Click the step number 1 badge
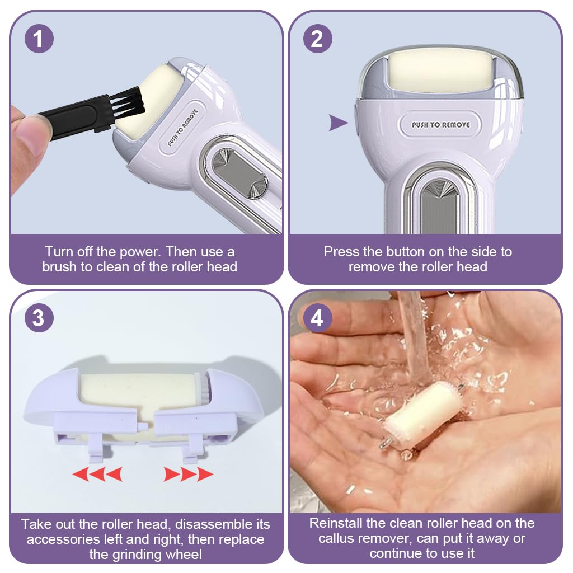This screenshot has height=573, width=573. point(39,39)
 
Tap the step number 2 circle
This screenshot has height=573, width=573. point(318,39)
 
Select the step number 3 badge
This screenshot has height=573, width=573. point(39,318)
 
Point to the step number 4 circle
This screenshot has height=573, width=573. point(318,318)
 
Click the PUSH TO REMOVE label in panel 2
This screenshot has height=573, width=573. point(441,125)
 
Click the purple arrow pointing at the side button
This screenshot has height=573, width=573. point(338,123)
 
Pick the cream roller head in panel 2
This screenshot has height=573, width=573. point(442,72)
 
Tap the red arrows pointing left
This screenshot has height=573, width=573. point(97,474)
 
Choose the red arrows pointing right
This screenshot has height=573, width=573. point(188,474)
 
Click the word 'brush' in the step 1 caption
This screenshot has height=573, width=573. point(60,267)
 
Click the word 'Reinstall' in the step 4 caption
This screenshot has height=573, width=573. point(336,523)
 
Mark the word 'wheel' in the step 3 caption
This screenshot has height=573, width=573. point(184,555)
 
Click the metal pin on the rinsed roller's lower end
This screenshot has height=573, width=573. point(386,443)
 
